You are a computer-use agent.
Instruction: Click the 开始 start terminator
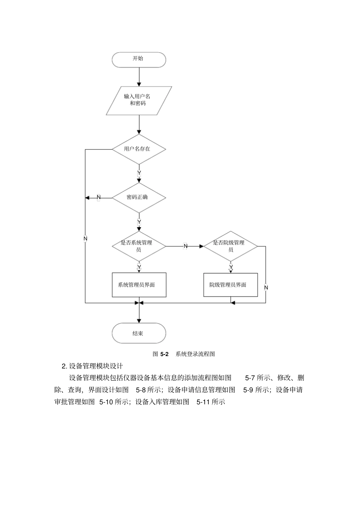pos(139,60)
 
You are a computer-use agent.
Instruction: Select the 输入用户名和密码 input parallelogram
pos(139,100)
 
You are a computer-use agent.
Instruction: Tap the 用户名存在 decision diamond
pos(139,149)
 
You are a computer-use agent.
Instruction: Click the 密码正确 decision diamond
pos(139,198)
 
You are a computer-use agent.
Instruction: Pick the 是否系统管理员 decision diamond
pos(139,246)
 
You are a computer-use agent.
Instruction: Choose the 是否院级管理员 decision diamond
pos(230,246)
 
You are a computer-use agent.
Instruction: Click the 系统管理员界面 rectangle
pos(139,285)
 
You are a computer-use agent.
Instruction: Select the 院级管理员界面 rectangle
pos(230,285)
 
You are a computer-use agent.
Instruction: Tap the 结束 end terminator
pos(139,333)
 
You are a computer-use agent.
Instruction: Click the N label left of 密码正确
pos(99,198)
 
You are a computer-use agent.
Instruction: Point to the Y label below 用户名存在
pos(139,173)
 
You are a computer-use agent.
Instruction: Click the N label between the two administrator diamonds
pos(185,246)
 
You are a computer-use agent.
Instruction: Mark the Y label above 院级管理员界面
pos(231,267)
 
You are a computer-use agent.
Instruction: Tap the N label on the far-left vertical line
pos(85,239)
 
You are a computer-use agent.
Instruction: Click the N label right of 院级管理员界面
pos(266,287)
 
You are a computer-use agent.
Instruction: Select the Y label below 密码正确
pos(139,222)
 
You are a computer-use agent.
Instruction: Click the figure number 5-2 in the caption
pos(164,354)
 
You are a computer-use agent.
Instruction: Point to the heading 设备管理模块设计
pos(96,366)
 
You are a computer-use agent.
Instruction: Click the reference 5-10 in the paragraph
pos(106,402)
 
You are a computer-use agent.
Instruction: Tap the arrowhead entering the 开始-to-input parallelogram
pos(139,84)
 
